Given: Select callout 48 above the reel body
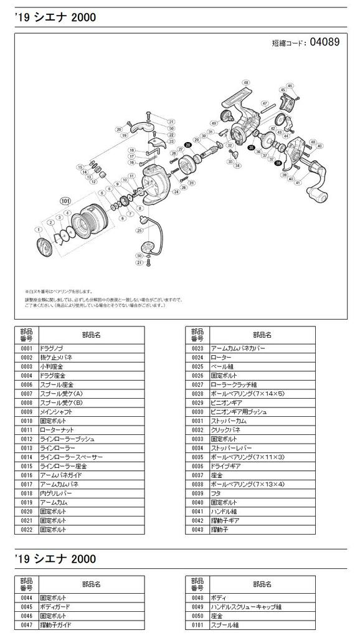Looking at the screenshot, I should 246,82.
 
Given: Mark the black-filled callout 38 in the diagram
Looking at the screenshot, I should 278,163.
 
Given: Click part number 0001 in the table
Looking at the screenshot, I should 26,350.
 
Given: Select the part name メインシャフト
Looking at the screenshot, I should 56,412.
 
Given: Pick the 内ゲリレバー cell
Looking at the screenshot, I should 55,492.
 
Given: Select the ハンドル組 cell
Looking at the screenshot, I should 224,510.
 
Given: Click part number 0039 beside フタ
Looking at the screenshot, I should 197,492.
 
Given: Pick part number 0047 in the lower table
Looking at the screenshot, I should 26,624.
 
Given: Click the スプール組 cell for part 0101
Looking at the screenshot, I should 225,624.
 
